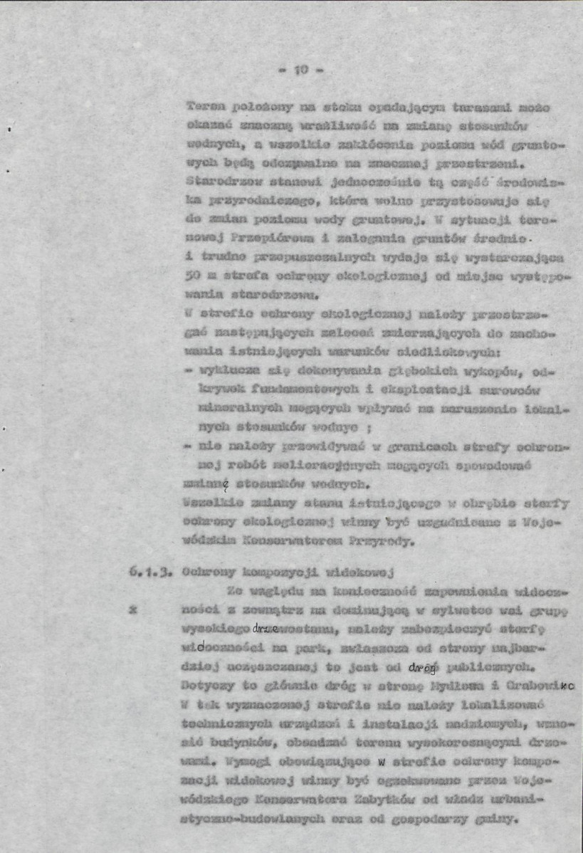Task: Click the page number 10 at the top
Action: coord(300,70)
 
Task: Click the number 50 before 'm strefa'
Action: coord(190,274)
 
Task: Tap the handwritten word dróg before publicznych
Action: coord(423,668)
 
